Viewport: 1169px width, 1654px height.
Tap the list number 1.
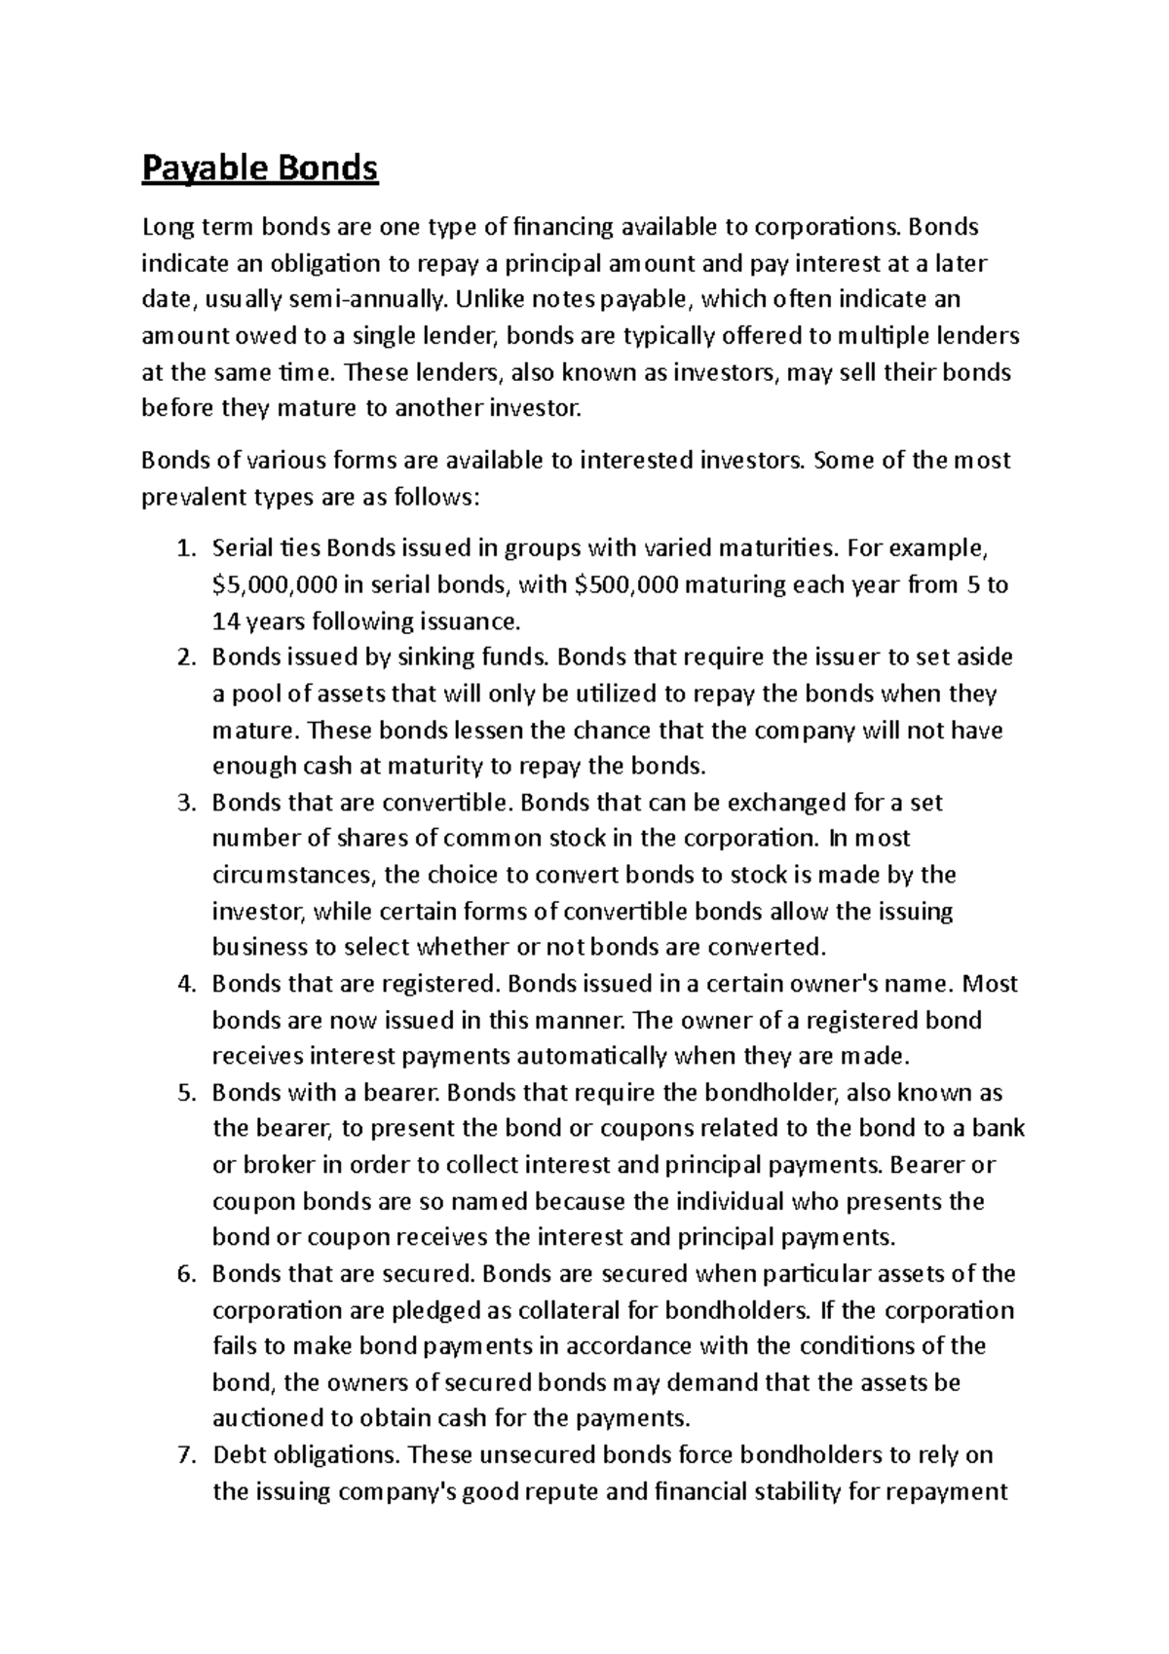tap(185, 549)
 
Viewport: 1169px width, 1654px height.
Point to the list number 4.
tap(185, 984)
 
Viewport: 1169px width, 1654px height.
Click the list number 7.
tap(185, 1455)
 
